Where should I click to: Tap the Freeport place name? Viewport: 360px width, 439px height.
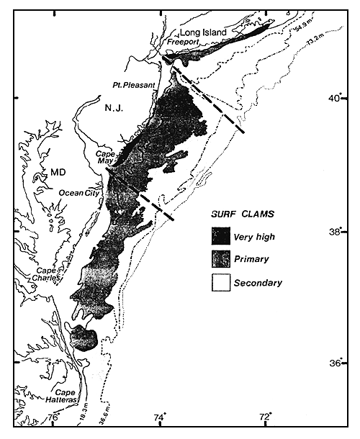click(x=181, y=42)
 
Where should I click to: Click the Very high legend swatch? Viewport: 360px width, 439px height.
click(x=219, y=235)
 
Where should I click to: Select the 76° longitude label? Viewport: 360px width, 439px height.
click(x=53, y=417)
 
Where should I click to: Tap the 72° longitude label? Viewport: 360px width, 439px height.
click(x=266, y=417)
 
